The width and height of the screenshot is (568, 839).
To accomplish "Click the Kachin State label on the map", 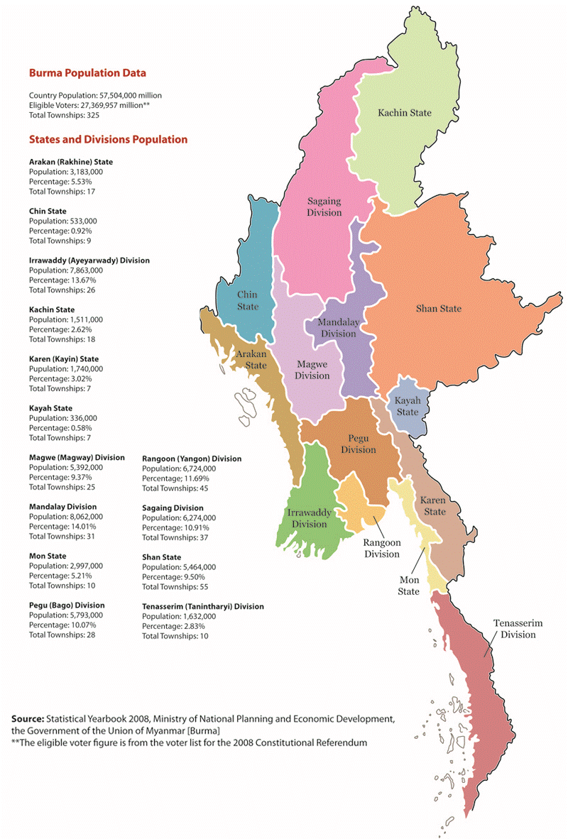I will (x=404, y=113).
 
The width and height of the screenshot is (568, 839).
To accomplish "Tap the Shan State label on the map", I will (x=438, y=308).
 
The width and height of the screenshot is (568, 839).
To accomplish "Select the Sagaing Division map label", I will (x=324, y=207).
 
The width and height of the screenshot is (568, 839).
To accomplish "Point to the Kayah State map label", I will (x=408, y=406).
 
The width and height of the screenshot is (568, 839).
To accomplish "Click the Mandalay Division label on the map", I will (x=337, y=328).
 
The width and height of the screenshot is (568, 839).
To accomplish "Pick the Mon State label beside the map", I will (x=408, y=586).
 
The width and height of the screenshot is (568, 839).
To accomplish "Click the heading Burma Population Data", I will (x=87, y=73).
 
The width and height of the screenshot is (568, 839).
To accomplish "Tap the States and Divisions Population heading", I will (x=108, y=140).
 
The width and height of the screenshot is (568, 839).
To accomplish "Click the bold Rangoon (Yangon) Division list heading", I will (x=192, y=459).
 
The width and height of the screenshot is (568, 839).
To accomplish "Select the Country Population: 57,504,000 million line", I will (x=95, y=95).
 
